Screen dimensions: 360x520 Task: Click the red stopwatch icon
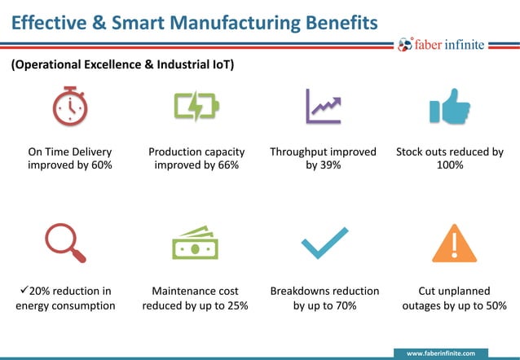70,106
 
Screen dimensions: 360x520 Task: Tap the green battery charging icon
196,107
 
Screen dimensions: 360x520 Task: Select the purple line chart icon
323,107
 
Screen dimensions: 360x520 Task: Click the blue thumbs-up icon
450,107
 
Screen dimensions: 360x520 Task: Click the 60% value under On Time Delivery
100,165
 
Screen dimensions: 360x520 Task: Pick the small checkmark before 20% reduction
22,290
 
